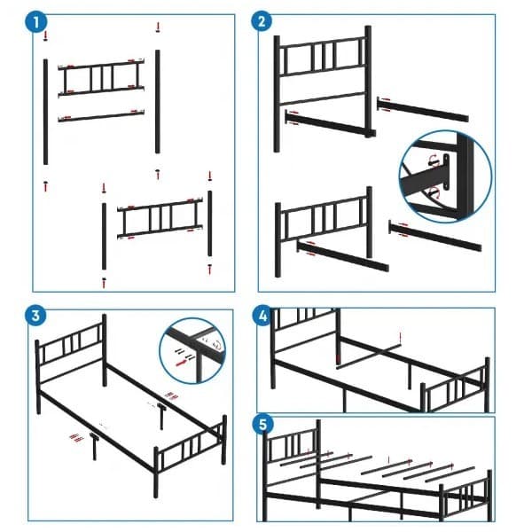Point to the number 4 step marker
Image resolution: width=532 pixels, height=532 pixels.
(264, 317)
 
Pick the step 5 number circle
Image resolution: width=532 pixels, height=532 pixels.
(264, 424)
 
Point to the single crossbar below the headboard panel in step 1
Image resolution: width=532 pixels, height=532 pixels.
(102, 115)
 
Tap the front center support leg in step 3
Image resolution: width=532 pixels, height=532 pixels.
(95, 449)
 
